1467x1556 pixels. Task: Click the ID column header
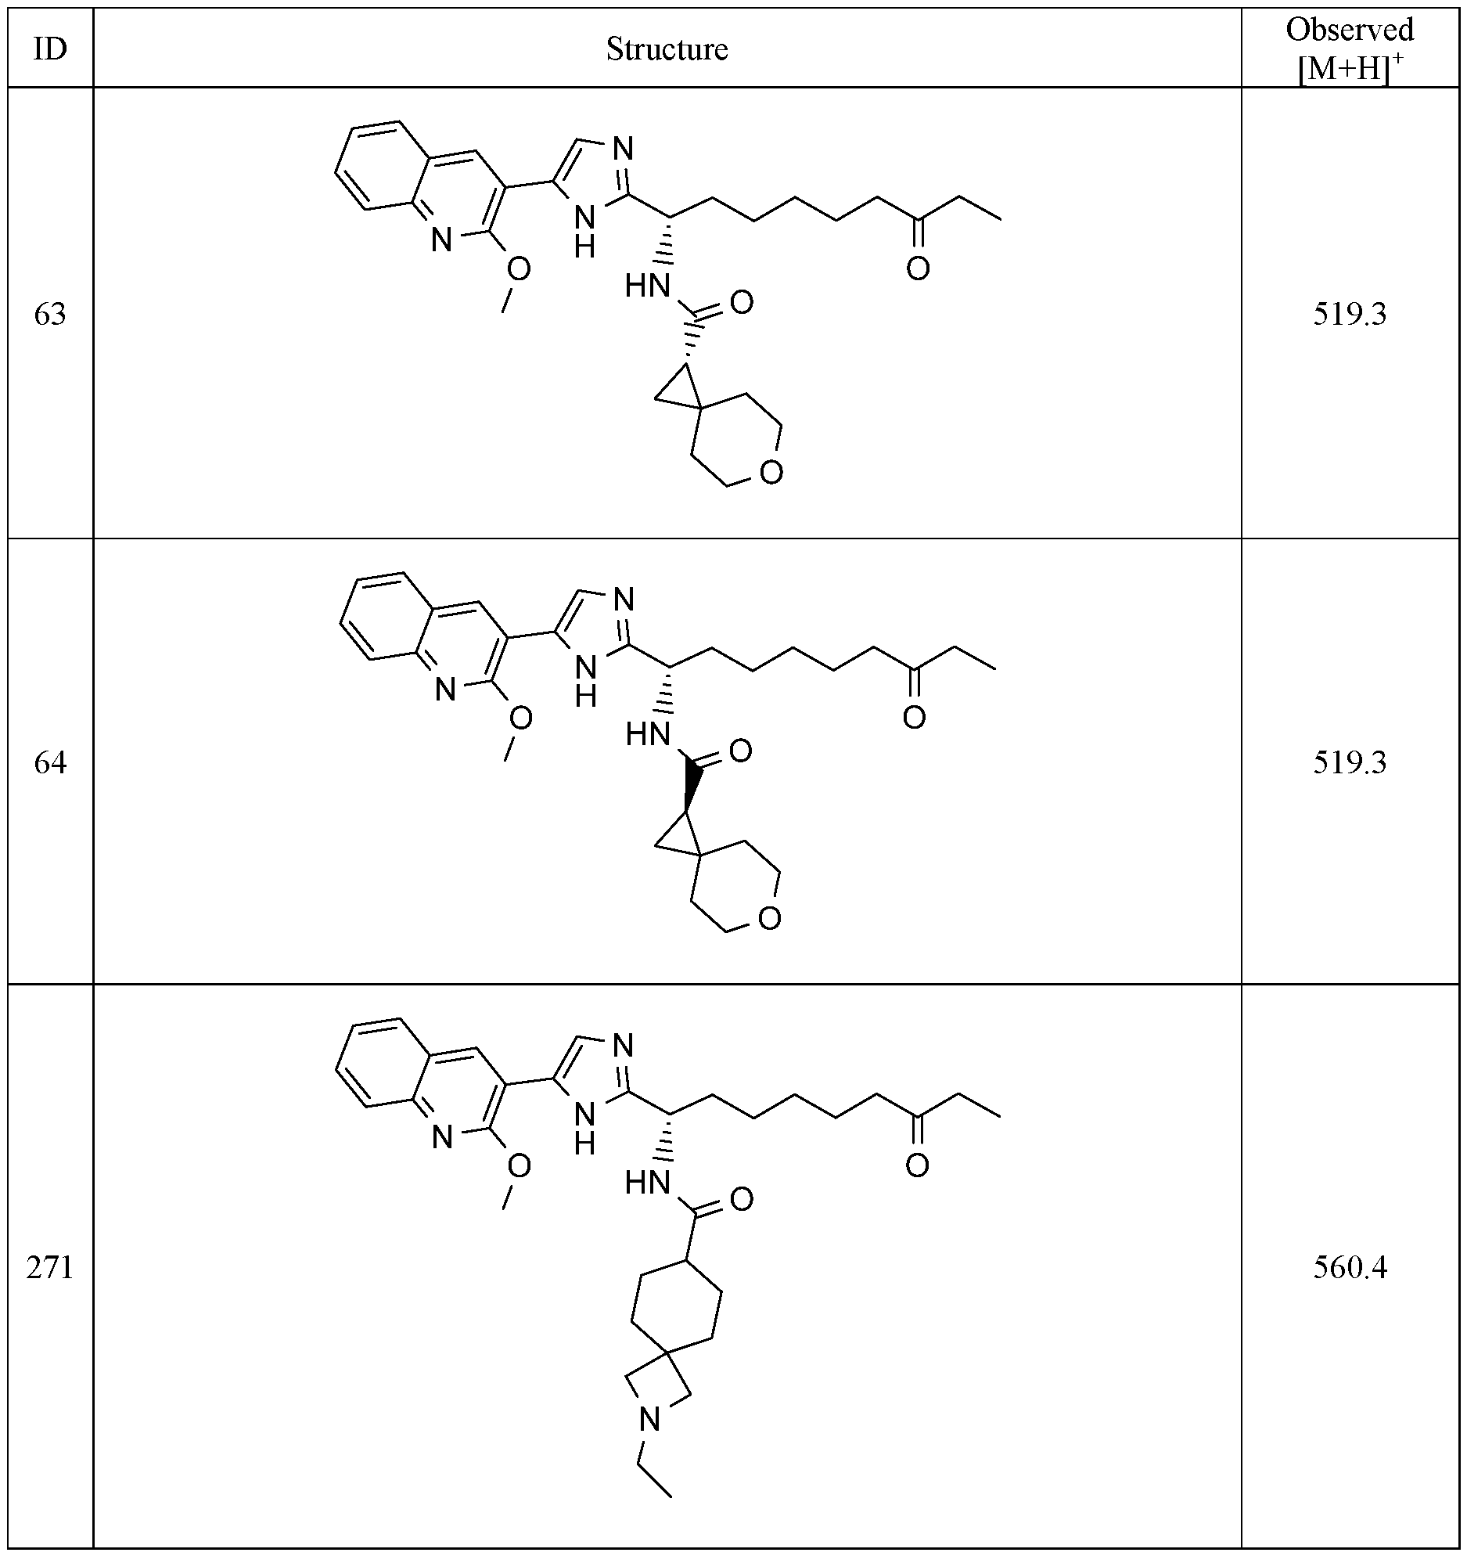(50, 50)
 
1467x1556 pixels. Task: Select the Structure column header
(667, 50)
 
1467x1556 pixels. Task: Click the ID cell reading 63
(50, 315)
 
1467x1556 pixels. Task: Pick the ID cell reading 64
(50, 762)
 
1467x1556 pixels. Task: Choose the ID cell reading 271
(50, 1268)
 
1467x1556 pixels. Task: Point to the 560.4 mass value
(1350, 1268)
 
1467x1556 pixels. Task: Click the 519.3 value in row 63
(1350, 315)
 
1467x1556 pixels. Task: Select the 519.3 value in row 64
(1350, 762)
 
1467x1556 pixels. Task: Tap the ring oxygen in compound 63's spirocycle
(771, 472)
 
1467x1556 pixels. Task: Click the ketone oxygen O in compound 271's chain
(917, 1165)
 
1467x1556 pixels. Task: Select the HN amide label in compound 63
(649, 287)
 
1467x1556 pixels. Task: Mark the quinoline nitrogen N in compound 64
(445, 690)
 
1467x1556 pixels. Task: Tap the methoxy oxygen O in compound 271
(519, 1166)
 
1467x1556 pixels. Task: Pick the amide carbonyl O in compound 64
(740, 751)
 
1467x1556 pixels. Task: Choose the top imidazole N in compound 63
(624, 149)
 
